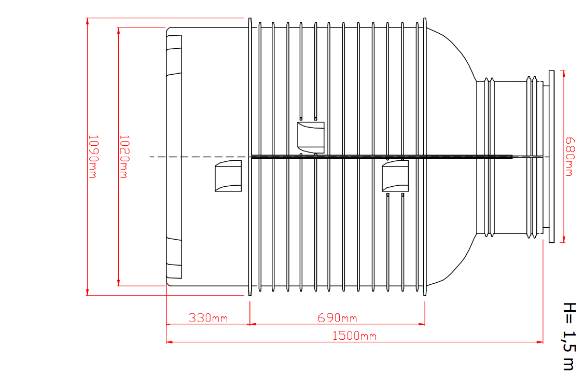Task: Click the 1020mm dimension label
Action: [x=123, y=157]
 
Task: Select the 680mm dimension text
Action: [x=570, y=157]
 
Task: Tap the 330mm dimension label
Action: [x=208, y=318]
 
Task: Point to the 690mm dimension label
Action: [x=337, y=318]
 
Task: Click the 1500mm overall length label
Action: [x=354, y=336]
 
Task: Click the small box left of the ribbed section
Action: [x=228, y=176]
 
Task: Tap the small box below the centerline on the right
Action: [x=395, y=176]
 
